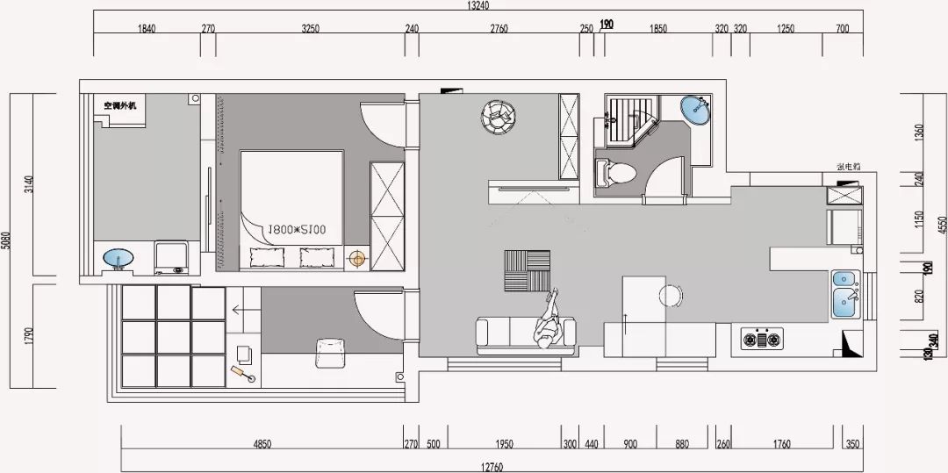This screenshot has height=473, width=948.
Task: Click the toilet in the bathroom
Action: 614,171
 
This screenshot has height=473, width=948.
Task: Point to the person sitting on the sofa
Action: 549,322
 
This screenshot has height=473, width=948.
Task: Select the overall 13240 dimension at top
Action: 478,7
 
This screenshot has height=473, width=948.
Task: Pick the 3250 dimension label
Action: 310,29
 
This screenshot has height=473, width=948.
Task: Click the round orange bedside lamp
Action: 356,258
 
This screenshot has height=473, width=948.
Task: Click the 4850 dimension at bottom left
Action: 262,445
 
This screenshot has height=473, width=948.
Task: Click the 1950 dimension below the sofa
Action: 505,445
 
